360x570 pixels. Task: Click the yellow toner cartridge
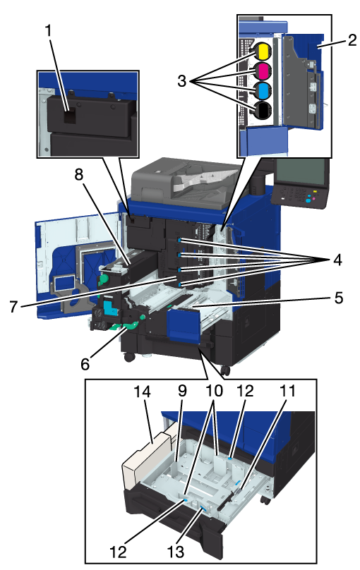coord(263,52)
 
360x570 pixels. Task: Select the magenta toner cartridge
coord(263,71)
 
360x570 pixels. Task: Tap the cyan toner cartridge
coord(263,90)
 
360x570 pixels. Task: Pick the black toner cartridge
coord(263,110)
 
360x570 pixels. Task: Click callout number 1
coord(49,31)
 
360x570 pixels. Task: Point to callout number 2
coord(352,40)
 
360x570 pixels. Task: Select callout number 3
coord(182,80)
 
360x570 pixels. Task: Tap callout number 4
coord(337,260)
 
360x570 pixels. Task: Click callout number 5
coord(339,298)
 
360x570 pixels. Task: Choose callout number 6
coord(85,363)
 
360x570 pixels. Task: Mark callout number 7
coord(13,307)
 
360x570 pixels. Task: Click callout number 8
coord(79,175)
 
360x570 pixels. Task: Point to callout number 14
coord(142,392)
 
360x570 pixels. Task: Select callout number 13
coord(176,552)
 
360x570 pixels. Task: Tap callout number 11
coord(287,391)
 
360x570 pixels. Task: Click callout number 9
coord(182,391)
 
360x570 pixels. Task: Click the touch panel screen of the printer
coord(301,172)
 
